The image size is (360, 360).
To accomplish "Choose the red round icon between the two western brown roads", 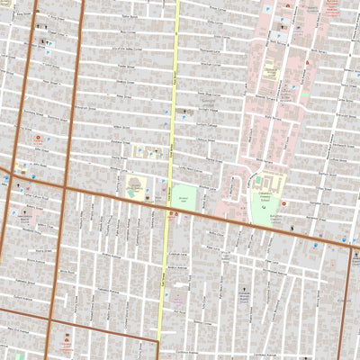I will point(38,139).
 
